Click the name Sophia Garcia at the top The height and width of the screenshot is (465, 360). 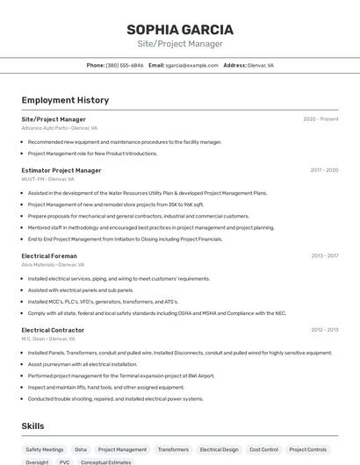[x=180, y=29]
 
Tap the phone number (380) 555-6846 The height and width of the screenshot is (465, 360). [x=124, y=65]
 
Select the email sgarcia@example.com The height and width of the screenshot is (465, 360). [x=191, y=65]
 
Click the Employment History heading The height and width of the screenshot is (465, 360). [x=65, y=100]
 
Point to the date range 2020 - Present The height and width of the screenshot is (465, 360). [x=320, y=119]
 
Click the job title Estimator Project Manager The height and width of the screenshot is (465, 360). [x=61, y=170]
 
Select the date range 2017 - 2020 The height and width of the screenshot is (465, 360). [x=324, y=170]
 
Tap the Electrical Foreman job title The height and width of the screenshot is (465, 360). [x=49, y=256]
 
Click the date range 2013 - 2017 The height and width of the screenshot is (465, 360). [x=324, y=256]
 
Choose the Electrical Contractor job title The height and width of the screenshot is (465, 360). [x=53, y=330]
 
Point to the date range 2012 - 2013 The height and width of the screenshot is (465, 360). [x=324, y=330]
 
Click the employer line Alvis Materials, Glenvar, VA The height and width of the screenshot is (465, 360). [x=53, y=264]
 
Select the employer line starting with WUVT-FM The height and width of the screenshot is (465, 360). [x=48, y=178]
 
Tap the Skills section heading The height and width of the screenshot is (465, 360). [x=33, y=426]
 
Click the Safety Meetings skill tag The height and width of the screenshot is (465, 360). [x=45, y=449]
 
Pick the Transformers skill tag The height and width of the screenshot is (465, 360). [x=173, y=449]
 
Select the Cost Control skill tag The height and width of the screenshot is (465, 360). [x=263, y=449]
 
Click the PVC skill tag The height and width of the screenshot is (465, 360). [x=64, y=461]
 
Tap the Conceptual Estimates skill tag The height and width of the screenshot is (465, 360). [x=106, y=461]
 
